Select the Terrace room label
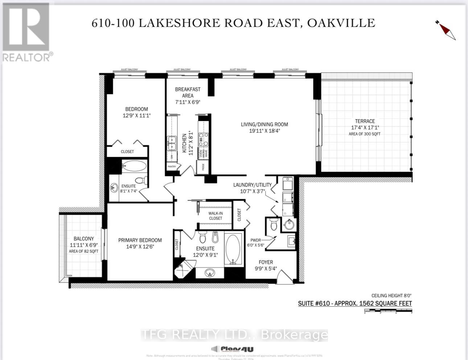click(365, 121)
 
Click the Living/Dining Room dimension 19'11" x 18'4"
click(264, 131)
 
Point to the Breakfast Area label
click(188, 92)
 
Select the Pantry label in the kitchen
click(172, 167)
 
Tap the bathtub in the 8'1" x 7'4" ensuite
click(134, 166)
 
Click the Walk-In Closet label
click(215, 216)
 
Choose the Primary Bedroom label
click(140, 240)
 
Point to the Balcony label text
click(84, 239)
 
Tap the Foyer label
click(266, 262)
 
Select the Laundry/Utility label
click(252, 185)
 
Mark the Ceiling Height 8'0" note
click(391, 295)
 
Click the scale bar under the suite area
click(388, 311)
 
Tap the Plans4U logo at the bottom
click(232, 349)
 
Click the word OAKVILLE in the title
click(341, 23)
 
